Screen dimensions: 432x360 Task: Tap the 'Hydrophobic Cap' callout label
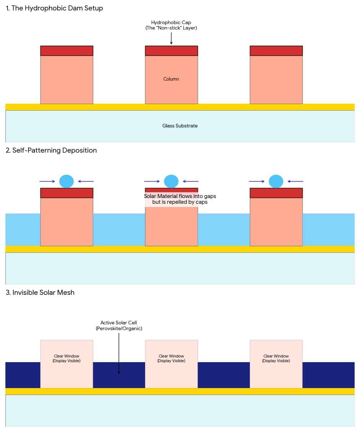[171, 25]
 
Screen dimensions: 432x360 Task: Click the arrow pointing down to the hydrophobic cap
[171, 38]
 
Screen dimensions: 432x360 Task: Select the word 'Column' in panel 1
[171, 79]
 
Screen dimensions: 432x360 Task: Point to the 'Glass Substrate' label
[180, 126]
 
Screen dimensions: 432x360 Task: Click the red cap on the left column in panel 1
[67, 51]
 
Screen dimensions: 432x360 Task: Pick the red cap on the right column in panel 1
[276, 51]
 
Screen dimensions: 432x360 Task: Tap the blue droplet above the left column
[67, 181]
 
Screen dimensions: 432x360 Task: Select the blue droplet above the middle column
[171, 181]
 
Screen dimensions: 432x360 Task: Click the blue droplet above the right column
[276, 181]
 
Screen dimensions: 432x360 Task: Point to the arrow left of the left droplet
[47, 181]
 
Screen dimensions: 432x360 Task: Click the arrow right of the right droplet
[296, 181]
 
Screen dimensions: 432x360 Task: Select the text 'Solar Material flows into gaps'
[180, 196]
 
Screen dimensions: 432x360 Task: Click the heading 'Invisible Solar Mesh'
[40, 293]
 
